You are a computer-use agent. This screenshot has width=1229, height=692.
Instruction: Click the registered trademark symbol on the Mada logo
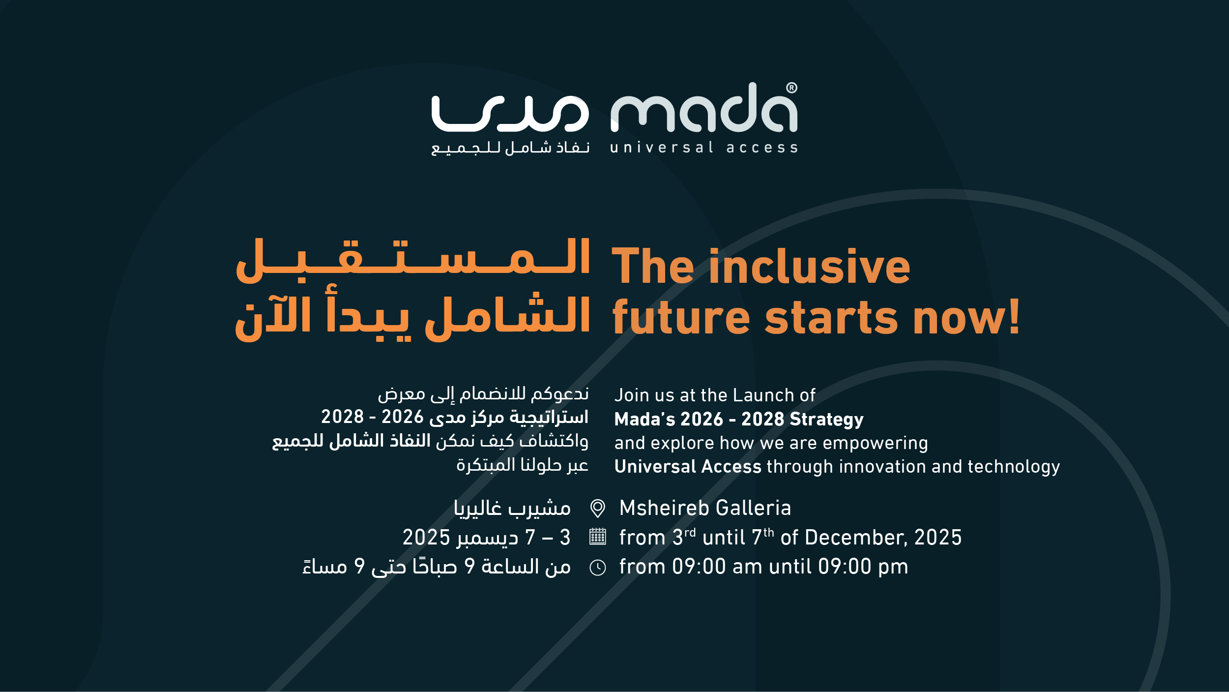[791, 88]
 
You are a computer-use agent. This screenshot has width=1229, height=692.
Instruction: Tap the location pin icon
[597, 508]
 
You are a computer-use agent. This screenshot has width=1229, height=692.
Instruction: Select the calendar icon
[597, 537]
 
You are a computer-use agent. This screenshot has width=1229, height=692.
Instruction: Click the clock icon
[597, 568]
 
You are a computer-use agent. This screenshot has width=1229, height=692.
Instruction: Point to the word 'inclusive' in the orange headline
[809, 266]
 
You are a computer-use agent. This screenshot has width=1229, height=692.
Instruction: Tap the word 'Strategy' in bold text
[826, 420]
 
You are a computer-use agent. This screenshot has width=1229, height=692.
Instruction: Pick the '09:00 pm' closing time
[863, 567]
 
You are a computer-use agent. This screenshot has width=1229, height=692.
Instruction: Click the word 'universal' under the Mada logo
[662, 148]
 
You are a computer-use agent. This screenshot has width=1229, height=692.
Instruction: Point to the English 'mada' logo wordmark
[703, 107]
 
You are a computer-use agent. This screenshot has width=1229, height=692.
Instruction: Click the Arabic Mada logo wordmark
[510, 114]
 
